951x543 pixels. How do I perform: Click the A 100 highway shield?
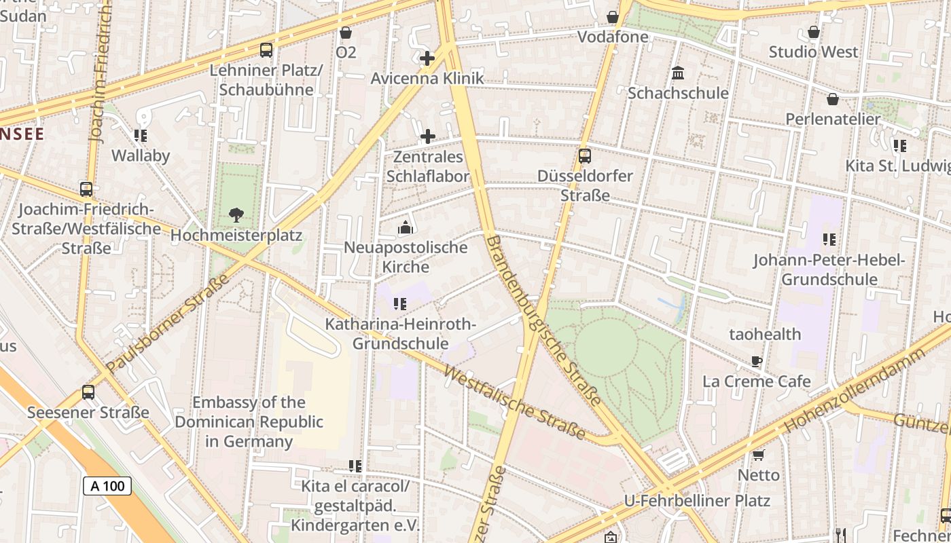point(107,486)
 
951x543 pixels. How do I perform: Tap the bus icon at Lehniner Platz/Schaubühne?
point(266,50)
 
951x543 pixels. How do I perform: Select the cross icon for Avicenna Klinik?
point(427,58)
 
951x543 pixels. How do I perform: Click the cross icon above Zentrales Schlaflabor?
point(428,136)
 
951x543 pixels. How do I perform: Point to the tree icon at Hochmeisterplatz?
point(236,215)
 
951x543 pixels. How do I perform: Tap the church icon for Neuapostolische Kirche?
point(406,227)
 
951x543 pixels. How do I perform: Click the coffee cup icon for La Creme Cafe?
point(757,361)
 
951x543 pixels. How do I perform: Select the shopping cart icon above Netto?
point(758,455)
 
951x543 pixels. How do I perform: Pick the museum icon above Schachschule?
point(678,73)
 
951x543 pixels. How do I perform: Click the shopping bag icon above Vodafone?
point(613,17)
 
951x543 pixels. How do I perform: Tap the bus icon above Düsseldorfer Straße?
point(585,156)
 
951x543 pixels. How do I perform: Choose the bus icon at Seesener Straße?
point(88,392)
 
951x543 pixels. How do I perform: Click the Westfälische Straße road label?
point(514,403)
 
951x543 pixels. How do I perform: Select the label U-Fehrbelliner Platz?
point(697,501)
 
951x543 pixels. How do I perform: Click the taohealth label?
point(765,334)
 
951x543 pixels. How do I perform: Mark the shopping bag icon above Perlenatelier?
point(833,99)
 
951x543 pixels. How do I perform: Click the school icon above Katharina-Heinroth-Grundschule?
point(400,304)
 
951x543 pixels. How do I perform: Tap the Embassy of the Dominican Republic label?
point(249,422)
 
